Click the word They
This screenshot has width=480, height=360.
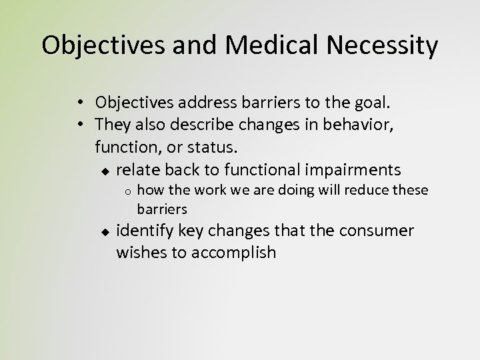[113, 124]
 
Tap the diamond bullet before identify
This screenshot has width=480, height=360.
[105, 233]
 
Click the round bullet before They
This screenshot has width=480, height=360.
[79, 124]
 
